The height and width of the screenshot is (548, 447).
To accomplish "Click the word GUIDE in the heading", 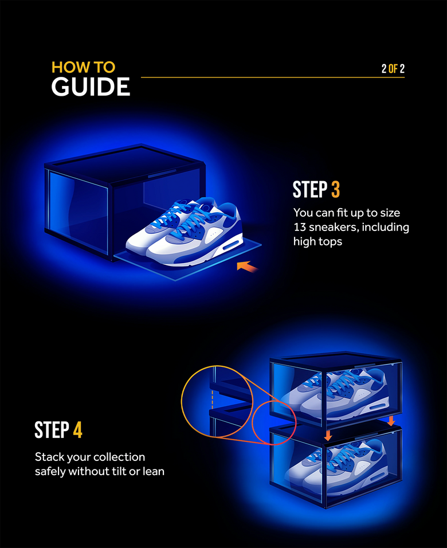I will [91, 87].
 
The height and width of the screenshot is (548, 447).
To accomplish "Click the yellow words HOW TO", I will [83, 67].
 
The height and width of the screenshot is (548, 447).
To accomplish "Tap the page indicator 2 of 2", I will [393, 69].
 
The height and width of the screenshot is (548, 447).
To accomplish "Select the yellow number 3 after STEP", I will [335, 190].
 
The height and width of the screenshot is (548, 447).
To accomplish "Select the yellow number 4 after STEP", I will [77, 430].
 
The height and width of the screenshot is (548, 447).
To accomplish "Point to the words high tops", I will [317, 241].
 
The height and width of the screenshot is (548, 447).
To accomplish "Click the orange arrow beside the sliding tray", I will [247, 265].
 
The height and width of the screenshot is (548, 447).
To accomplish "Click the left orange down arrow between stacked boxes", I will [328, 436].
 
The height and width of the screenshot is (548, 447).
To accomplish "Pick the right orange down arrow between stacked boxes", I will [391, 421].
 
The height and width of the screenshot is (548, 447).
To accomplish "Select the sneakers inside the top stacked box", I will [335, 390].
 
